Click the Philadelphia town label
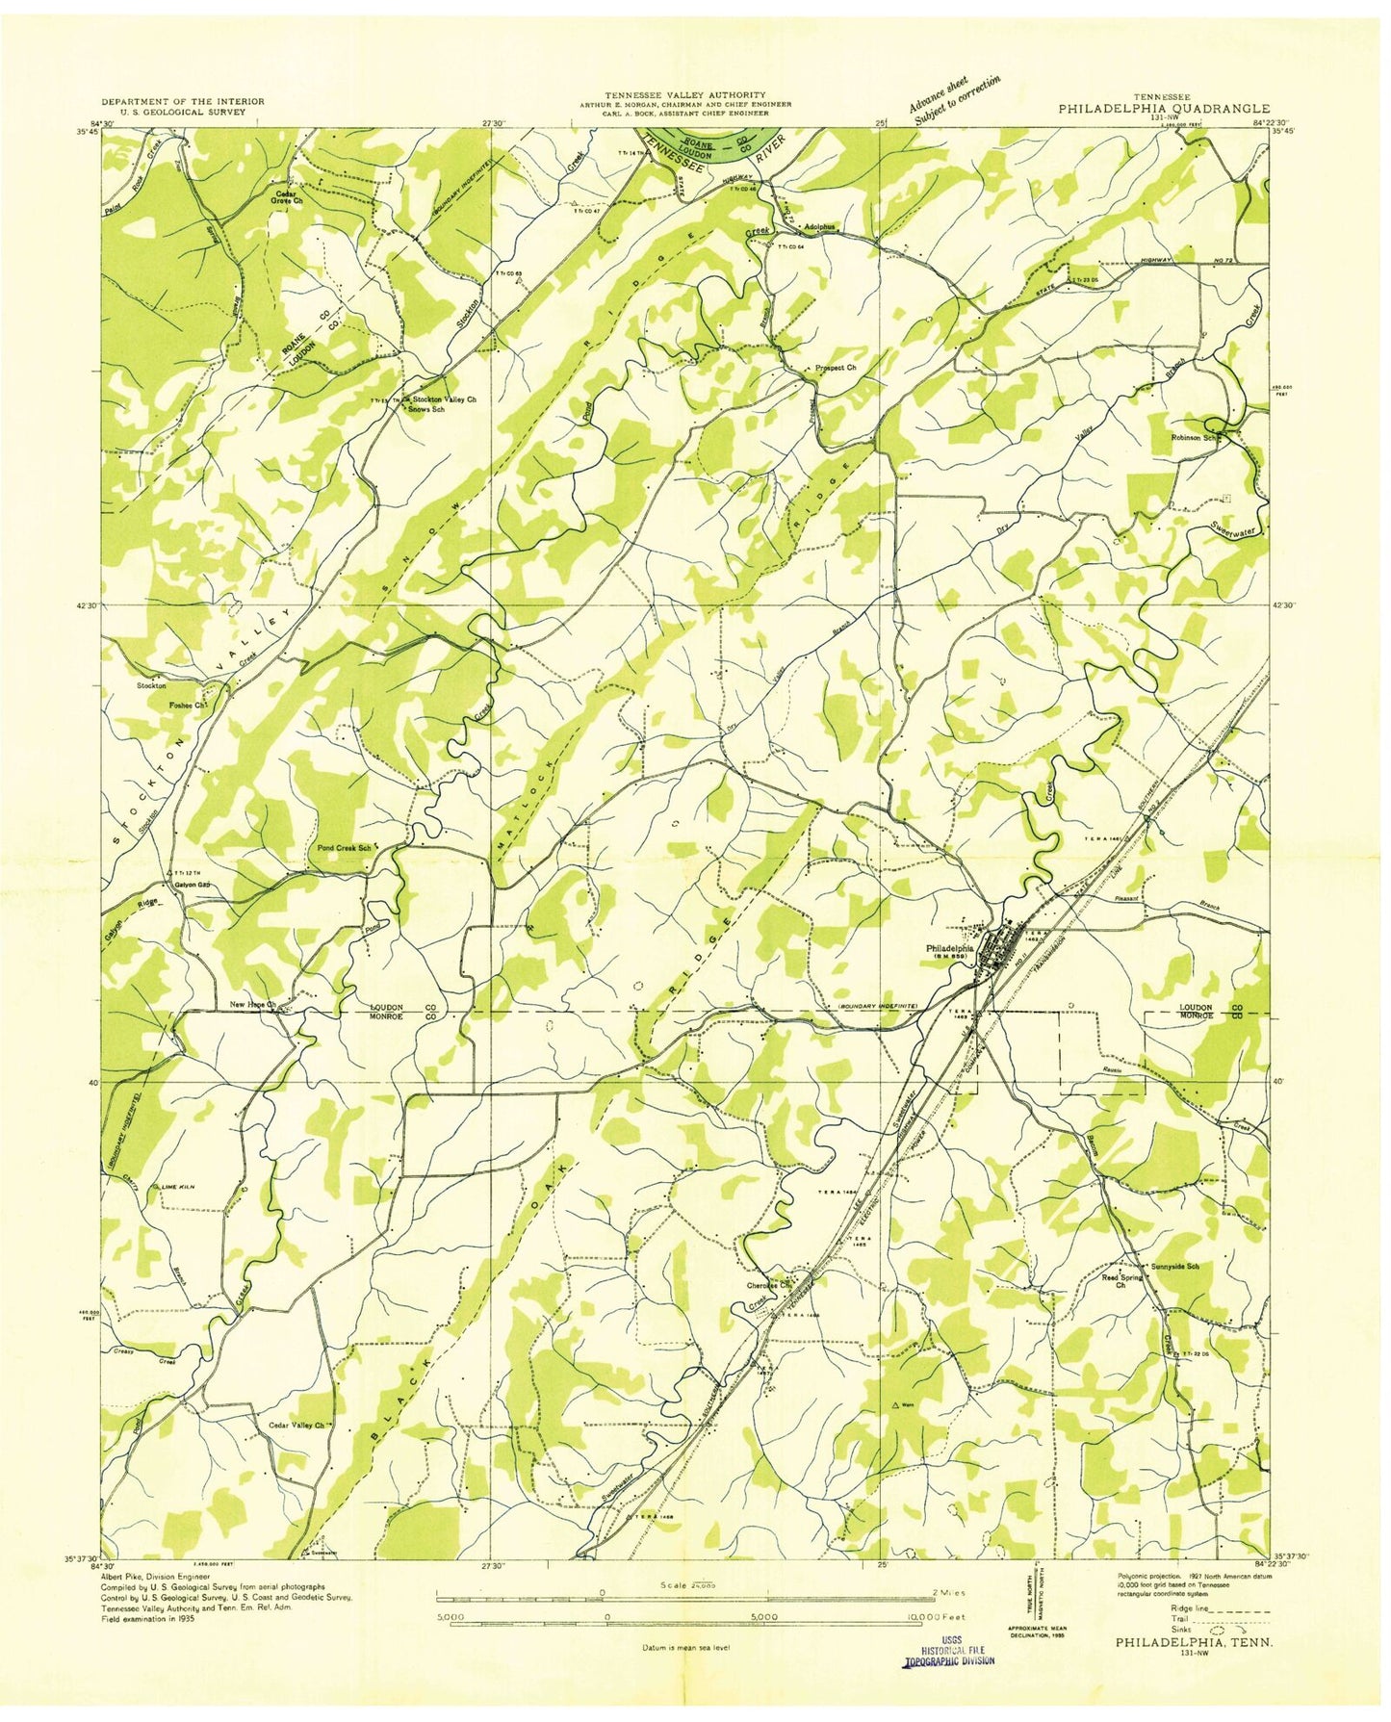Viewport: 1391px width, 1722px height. pyautogui.click(x=949, y=948)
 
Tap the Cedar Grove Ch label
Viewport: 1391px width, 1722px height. pyautogui.click(x=287, y=196)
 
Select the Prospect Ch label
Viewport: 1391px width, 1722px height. pyautogui.click(x=835, y=368)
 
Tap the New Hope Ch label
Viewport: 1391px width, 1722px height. pyautogui.click(x=252, y=1004)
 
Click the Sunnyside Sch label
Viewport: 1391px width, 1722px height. pyautogui.click(x=1172, y=1267)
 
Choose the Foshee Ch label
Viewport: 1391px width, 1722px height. pyautogui.click(x=189, y=705)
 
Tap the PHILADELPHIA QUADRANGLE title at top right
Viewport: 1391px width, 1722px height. pyautogui.click(x=1163, y=109)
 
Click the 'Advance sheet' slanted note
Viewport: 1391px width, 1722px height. pyautogui.click(x=939, y=93)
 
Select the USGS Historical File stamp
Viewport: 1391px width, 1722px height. pyautogui.click(x=948, y=1654)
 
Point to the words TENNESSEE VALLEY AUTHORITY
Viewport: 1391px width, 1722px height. pyautogui.click(x=684, y=94)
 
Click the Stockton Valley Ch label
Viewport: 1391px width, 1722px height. pyautogui.click(x=444, y=398)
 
